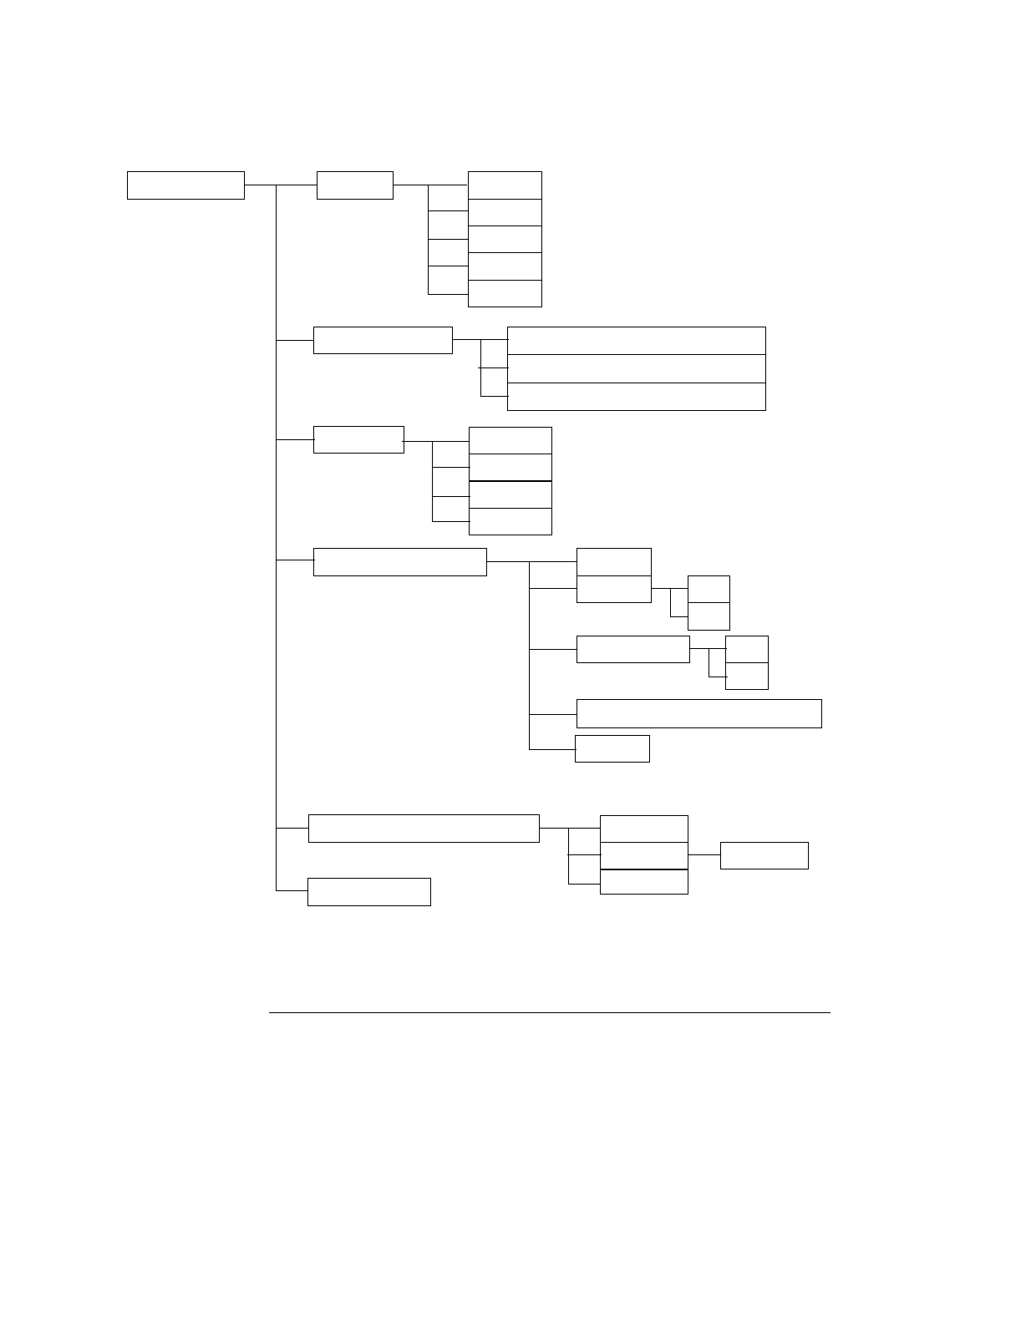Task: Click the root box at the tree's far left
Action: click(185, 185)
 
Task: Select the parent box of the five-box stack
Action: click(355, 185)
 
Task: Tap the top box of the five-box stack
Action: click(505, 185)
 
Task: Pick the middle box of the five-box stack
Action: click(505, 239)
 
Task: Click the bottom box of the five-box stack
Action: click(505, 293)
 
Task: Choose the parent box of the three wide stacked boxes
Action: click(383, 341)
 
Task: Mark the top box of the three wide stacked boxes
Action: click(637, 341)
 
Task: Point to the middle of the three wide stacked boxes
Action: click(637, 368)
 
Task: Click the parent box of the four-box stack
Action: click(358, 440)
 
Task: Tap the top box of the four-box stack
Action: click(510, 440)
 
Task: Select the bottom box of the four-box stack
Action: click(510, 521)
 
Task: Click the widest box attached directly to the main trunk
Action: click(424, 829)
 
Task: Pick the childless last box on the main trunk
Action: click(369, 892)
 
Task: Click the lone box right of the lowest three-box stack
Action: click(764, 855)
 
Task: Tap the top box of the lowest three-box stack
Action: click(644, 829)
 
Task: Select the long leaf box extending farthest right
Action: click(699, 714)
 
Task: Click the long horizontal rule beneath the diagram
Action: click(550, 1013)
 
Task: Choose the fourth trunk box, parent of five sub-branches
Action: click(400, 562)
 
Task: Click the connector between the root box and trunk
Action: click(260, 185)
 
